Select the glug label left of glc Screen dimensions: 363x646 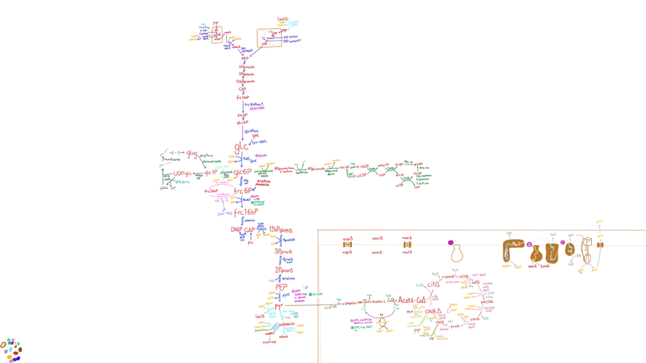click(x=192, y=154)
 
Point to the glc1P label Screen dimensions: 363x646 click(x=211, y=173)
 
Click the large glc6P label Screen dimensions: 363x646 click(x=242, y=172)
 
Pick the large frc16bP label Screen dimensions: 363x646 click(x=245, y=212)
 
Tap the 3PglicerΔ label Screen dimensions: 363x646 click(x=283, y=251)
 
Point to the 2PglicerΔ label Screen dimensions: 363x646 click(x=283, y=269)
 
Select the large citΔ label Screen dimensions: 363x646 click(x=433, y=284)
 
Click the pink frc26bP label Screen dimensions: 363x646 click(x=212, y=191)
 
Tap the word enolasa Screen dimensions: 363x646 click(x=289, y=279)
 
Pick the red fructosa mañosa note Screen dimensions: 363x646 click(x=264, y=183)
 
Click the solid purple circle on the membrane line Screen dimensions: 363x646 click(x=451, y=243)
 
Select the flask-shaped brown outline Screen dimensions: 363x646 click(x=457, y=253)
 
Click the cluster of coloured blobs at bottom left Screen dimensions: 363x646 click(x=11, y=349)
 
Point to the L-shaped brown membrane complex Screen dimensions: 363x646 click(x=513, y=252)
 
